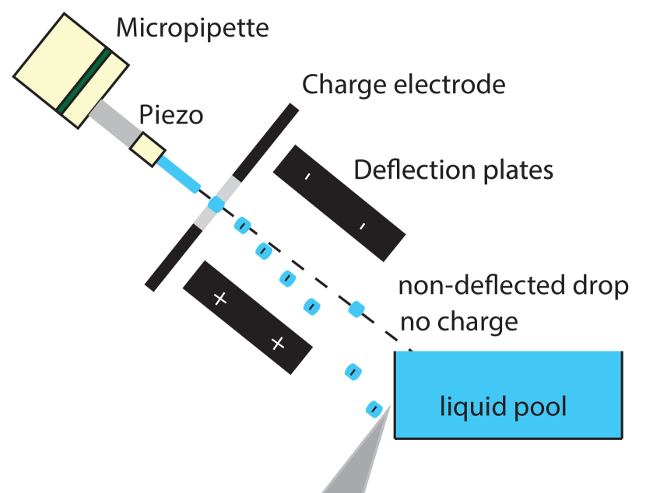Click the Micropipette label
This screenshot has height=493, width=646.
click(192, 29)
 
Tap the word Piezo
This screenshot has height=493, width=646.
click(171, 115)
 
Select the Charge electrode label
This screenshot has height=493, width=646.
click(403, 84)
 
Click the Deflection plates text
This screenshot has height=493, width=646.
click(453, 170)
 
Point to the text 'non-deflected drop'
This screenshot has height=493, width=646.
click(513, 286)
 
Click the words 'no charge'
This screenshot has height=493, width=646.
click(458, 320)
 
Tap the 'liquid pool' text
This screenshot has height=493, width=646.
click(503, 406)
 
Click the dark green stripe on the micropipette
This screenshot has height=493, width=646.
click(85, 81)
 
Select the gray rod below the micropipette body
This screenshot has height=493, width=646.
click(113, 123)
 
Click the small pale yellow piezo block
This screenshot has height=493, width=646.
click(147, 148)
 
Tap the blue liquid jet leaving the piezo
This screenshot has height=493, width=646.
click(177, 173)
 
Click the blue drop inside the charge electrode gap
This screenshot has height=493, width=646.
click(216, 205)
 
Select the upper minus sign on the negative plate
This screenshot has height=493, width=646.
click(307, 177)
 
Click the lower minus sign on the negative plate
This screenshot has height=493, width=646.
click(362, 226)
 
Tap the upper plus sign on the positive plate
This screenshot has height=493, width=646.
click(219, 298)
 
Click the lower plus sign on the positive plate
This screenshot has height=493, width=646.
click(277, 343)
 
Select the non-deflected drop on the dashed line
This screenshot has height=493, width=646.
click(356, 309)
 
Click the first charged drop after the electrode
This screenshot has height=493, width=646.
click(242, 226)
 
